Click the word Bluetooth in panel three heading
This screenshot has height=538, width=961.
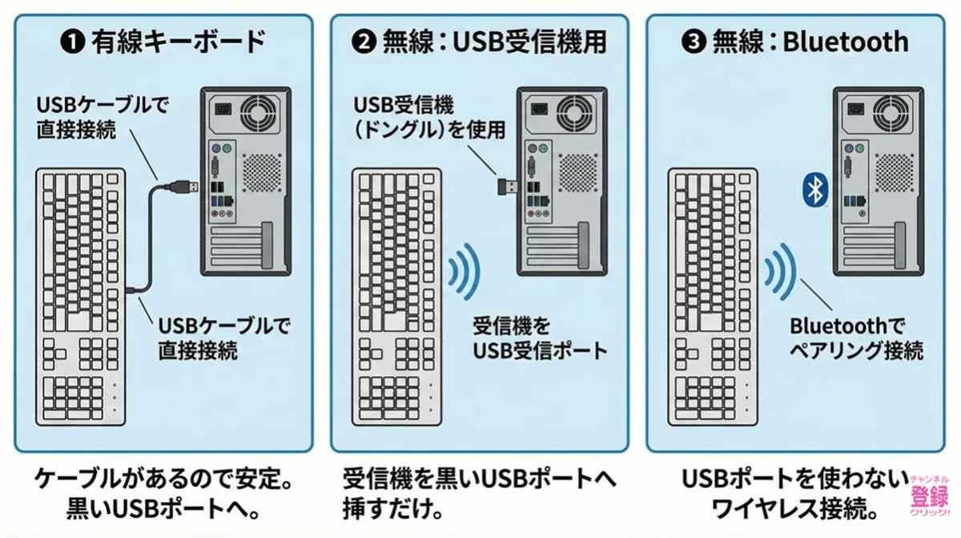pyautogui.click(x=845, y=42)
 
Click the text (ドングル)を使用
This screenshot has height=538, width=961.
pyautogui.click(x=430, y=129)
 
